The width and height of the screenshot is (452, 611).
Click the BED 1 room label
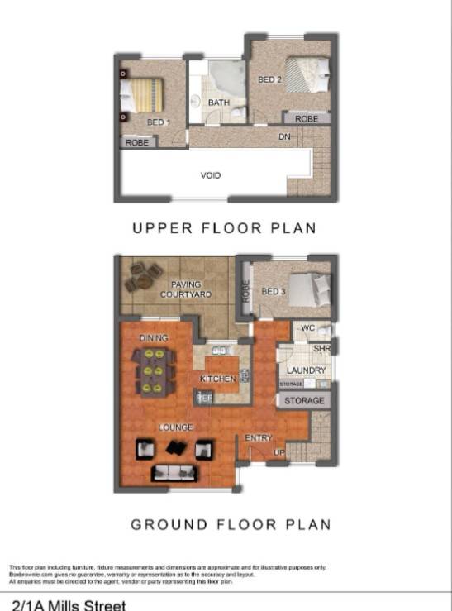tap(158, 122)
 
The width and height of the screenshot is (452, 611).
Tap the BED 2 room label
tap(269, 80)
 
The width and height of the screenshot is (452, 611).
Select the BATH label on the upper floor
tap(219, 103)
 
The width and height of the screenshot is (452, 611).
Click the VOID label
tap(211, 175)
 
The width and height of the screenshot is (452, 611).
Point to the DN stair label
tap(284, 136)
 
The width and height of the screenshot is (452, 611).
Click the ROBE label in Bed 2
tap(307, 119)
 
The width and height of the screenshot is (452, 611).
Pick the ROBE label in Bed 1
tap(136, 142)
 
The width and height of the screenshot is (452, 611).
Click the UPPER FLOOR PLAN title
tap(224, 228)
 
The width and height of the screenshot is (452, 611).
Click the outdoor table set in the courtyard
tap(144, 276)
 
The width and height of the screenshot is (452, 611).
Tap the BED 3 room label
tap(273, 292)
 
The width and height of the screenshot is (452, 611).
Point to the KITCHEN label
tap(218, 379)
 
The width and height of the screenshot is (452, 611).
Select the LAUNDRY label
tap(306, 370)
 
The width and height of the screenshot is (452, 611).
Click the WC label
tap(307, 329)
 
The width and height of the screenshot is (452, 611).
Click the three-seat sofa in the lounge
tap(174, 473)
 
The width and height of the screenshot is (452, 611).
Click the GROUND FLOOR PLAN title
tap(231, 524)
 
